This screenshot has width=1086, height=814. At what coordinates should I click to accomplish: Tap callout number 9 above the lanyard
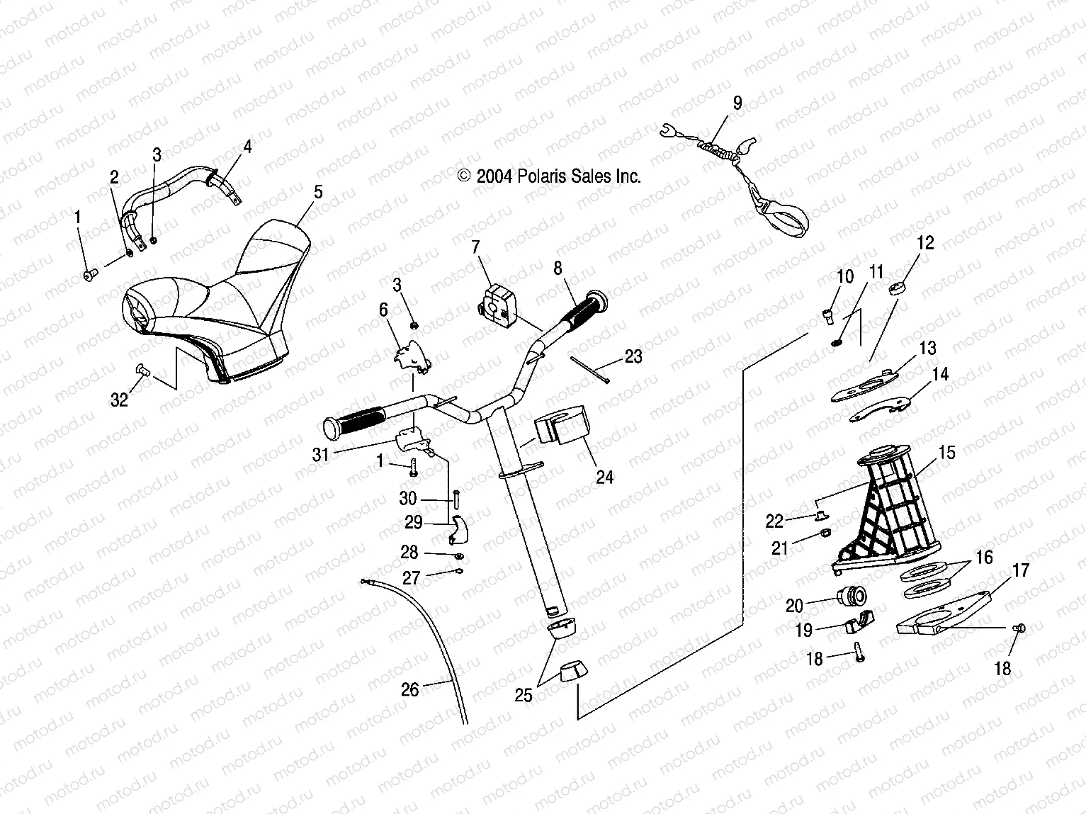737,103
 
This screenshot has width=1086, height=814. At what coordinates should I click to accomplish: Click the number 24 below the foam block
604,477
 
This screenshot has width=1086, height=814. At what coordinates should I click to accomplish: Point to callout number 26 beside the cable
410,689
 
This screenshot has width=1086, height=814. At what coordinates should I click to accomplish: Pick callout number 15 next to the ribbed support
947,453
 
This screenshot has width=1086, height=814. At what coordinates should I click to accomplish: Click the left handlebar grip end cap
332,429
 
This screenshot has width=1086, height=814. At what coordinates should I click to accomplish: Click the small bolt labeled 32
141,368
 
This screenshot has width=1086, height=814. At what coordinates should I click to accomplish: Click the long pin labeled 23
589,370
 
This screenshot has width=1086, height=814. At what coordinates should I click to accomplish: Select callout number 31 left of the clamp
321,454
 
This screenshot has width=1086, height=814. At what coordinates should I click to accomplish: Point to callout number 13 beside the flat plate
927,348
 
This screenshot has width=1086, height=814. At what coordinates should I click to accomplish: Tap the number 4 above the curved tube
247,147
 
